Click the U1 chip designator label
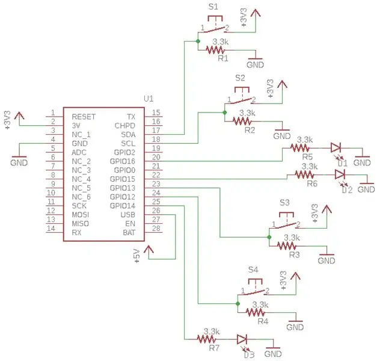pos(149,99)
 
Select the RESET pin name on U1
pos(84,117)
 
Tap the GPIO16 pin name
pos(123,161)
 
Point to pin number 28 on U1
pos(156,228)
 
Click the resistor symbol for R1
pos(215,50)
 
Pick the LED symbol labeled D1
pos(336,147)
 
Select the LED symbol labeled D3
pos(242,339)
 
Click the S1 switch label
pos(213,7)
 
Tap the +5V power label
pos(137,256)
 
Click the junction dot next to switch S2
pos(224,113)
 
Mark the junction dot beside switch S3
pos(269,237)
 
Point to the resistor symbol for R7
pos(206,339)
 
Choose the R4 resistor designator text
pos(263,321)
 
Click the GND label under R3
pos(326,261)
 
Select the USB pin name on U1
pos(127,215)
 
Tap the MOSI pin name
pos(81,215)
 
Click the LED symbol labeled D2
pos(340,174)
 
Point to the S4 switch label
pos(253,270)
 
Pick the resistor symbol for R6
pos(304,174)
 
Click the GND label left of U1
pos(19,162)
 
